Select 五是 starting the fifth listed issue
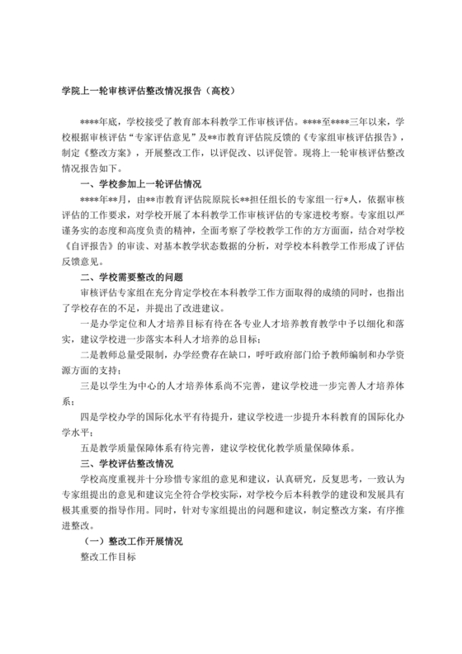click(89, 448)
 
